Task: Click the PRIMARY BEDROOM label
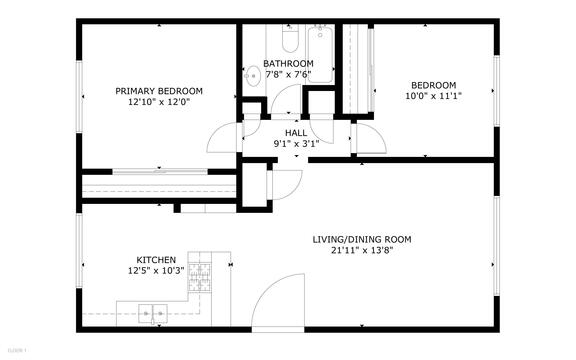coord(158,90)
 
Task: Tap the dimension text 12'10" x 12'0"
coord(158,101)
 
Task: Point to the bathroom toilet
coord(291,41)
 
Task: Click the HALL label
coord(296,132)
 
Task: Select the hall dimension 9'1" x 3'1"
coord(296,143)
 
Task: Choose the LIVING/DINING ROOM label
coord(362,239)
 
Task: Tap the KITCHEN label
coord(150,258)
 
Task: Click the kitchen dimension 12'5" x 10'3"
coord(150,269)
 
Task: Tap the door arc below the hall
coord(288,181)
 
